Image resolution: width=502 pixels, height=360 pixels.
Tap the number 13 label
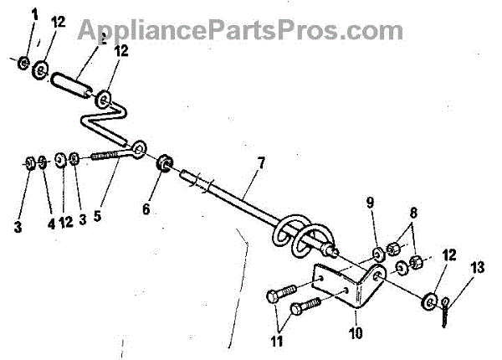(x=478, y=268)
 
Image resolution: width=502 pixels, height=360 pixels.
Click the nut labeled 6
(x=164, y=162)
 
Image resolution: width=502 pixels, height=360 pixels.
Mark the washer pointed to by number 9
(x=376, y=254)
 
